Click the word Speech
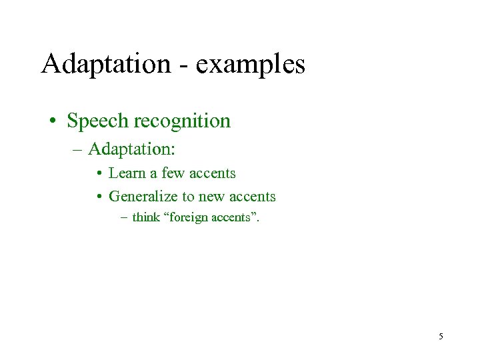[98, 121]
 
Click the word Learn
[126, 173]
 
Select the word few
[174, 173]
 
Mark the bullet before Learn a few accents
[98, 174]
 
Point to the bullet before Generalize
[98, 197]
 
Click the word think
[145, 217]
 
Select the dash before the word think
[125, 217]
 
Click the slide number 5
[441, 337]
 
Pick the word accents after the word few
[212, 173]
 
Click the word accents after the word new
[252, 197]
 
